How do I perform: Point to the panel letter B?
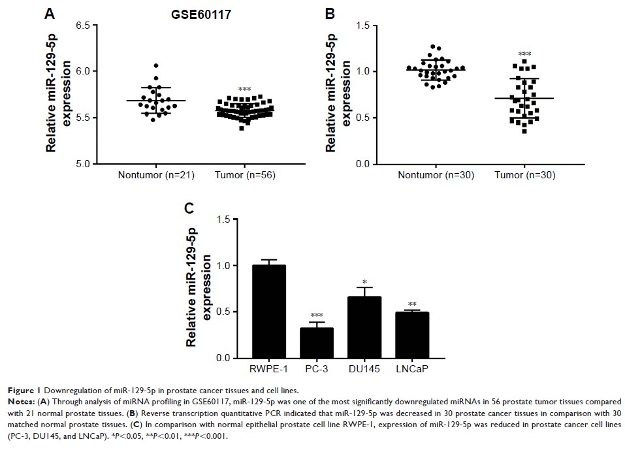point(330,13)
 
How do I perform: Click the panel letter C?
point(189,208)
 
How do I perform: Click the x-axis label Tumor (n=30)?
point(525,175)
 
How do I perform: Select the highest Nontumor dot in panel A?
point(156,65)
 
